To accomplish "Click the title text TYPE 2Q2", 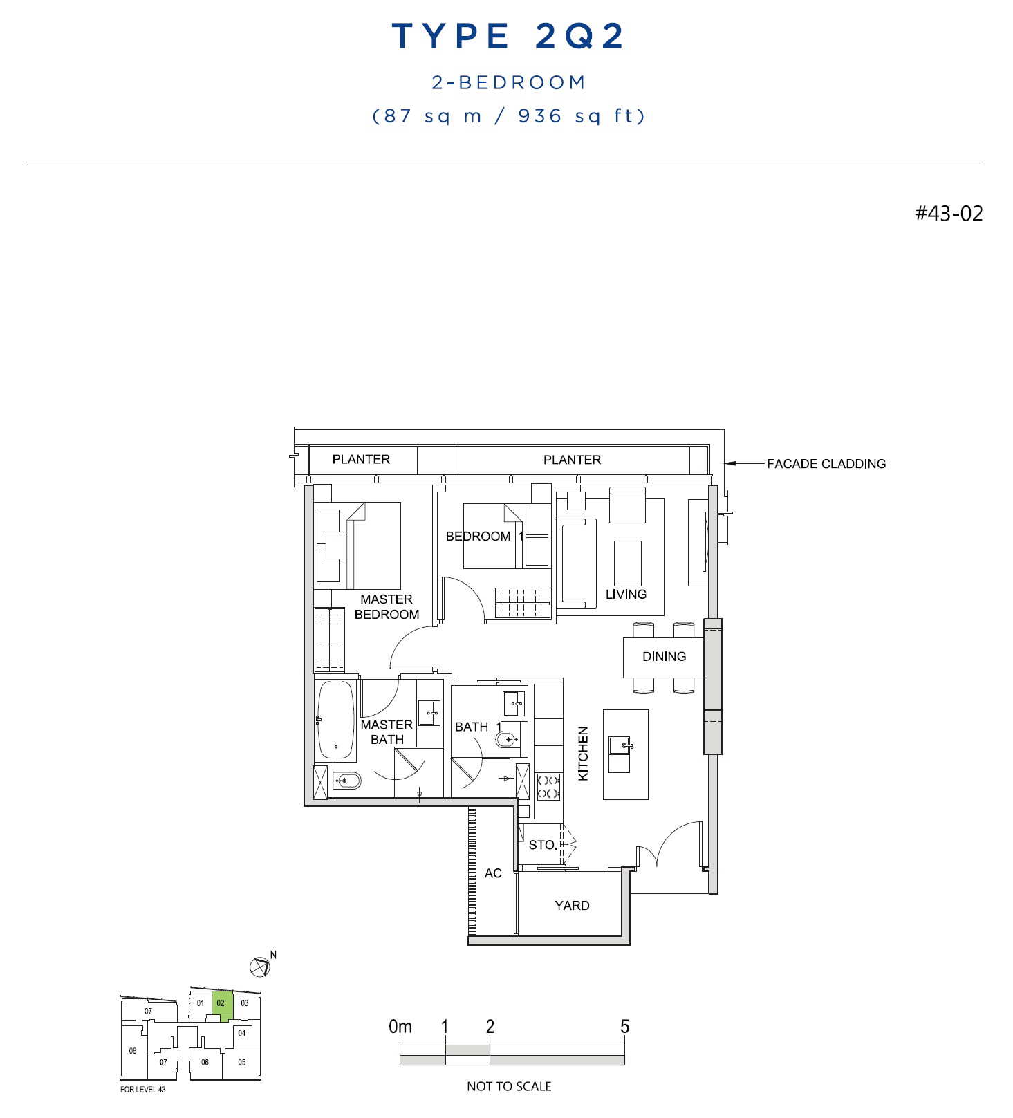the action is (x=508, y=36).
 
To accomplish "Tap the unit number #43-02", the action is (x=949, y=213).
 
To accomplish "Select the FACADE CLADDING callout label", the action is (x=826, y=464).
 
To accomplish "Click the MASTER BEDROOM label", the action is (x=387, y=606).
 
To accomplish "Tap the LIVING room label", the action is (x=626, y=594).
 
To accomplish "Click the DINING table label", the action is (x=664, y=656).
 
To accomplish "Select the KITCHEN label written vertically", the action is (x=583, y=754).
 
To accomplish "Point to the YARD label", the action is (x=572, y=905).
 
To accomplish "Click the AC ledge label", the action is (x=493, y=873).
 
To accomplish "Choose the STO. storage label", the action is (x=543, y=845).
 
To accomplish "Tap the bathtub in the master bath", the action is (x=336, y=720).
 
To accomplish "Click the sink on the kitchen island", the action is (x=620, y=747).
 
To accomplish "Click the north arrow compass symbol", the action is (x=260, y=967).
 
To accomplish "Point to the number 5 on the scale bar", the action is (x=624, y=1027).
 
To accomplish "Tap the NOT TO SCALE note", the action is (x=509, y=1086).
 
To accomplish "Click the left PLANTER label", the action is (x=361, y=459).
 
